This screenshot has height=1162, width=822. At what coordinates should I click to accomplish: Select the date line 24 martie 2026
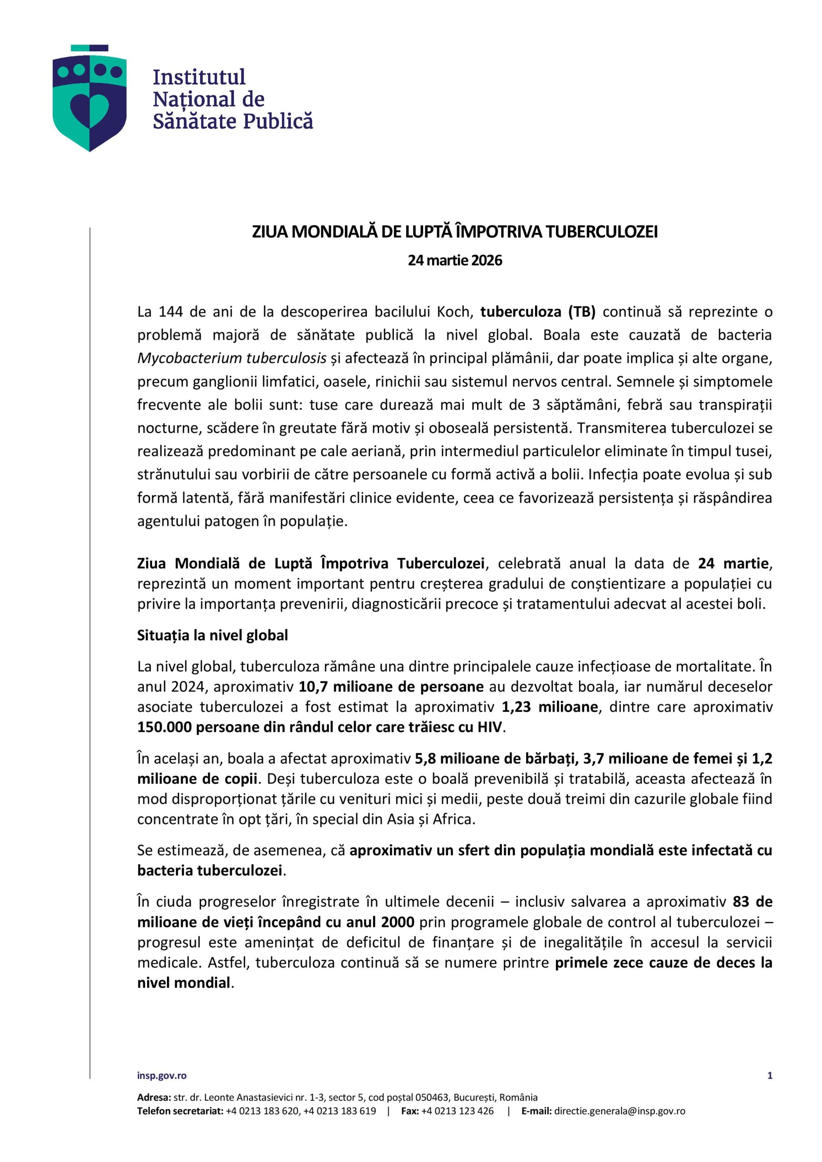pos(455,260)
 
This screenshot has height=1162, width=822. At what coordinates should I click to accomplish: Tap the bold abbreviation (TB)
pos(581,312)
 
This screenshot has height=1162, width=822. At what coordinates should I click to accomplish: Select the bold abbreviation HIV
pos(489,727)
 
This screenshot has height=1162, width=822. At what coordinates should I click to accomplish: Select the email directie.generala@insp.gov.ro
pos(620,1112)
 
